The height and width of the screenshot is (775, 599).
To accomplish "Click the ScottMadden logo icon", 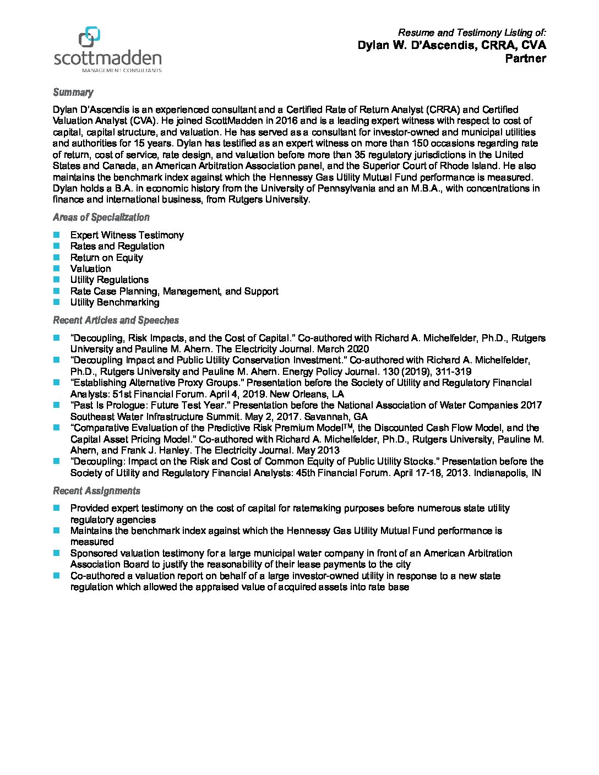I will (x=90, y=37).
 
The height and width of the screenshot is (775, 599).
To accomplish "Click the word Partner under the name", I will (x=525, y=58).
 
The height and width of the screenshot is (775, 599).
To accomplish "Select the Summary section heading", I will (x=73, y=92).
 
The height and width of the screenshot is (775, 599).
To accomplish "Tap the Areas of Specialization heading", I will (x=101, y=217).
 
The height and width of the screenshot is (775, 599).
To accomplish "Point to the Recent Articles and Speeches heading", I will (x=116, y=320).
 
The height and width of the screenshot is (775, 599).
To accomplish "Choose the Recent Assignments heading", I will (x=96, y=491).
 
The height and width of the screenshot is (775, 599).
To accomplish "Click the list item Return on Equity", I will (x=106, y=258).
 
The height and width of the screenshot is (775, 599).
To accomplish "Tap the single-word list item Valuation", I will (x=90, y=269).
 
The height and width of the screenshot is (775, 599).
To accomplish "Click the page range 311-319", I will (x=453, y=372).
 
